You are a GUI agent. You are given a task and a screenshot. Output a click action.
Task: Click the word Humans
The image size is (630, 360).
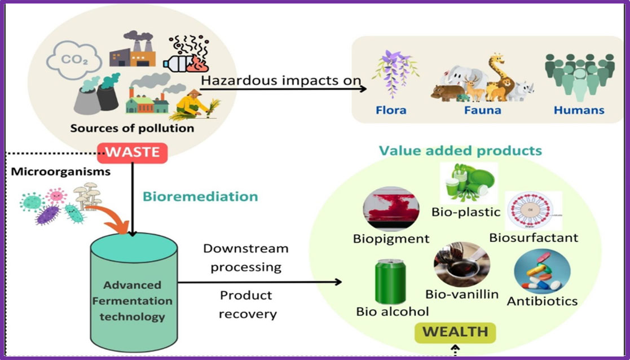tap(579, 110)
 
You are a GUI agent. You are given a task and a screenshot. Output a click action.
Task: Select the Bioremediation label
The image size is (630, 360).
tap(200, 196)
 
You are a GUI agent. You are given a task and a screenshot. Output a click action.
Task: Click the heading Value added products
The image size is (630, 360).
tap(460, 151)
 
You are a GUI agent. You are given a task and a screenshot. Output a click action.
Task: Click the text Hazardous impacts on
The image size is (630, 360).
tap(280, 80)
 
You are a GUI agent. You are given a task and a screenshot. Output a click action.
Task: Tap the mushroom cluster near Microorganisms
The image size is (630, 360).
tap(87, 196)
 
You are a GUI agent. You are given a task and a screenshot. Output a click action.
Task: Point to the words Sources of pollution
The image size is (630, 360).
tap(132, 128)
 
